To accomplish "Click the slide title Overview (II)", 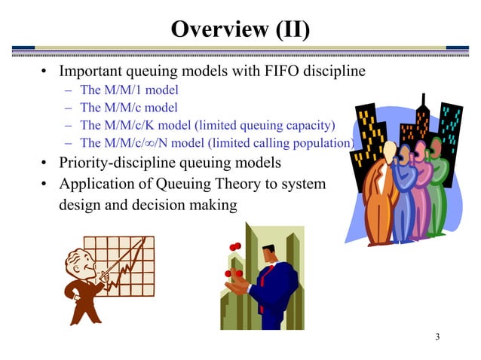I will tap(240, 29).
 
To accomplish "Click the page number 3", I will tap(437, 336).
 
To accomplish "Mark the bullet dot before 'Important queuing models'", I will tap(44, 73).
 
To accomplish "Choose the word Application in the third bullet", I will tap(97, 183).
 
